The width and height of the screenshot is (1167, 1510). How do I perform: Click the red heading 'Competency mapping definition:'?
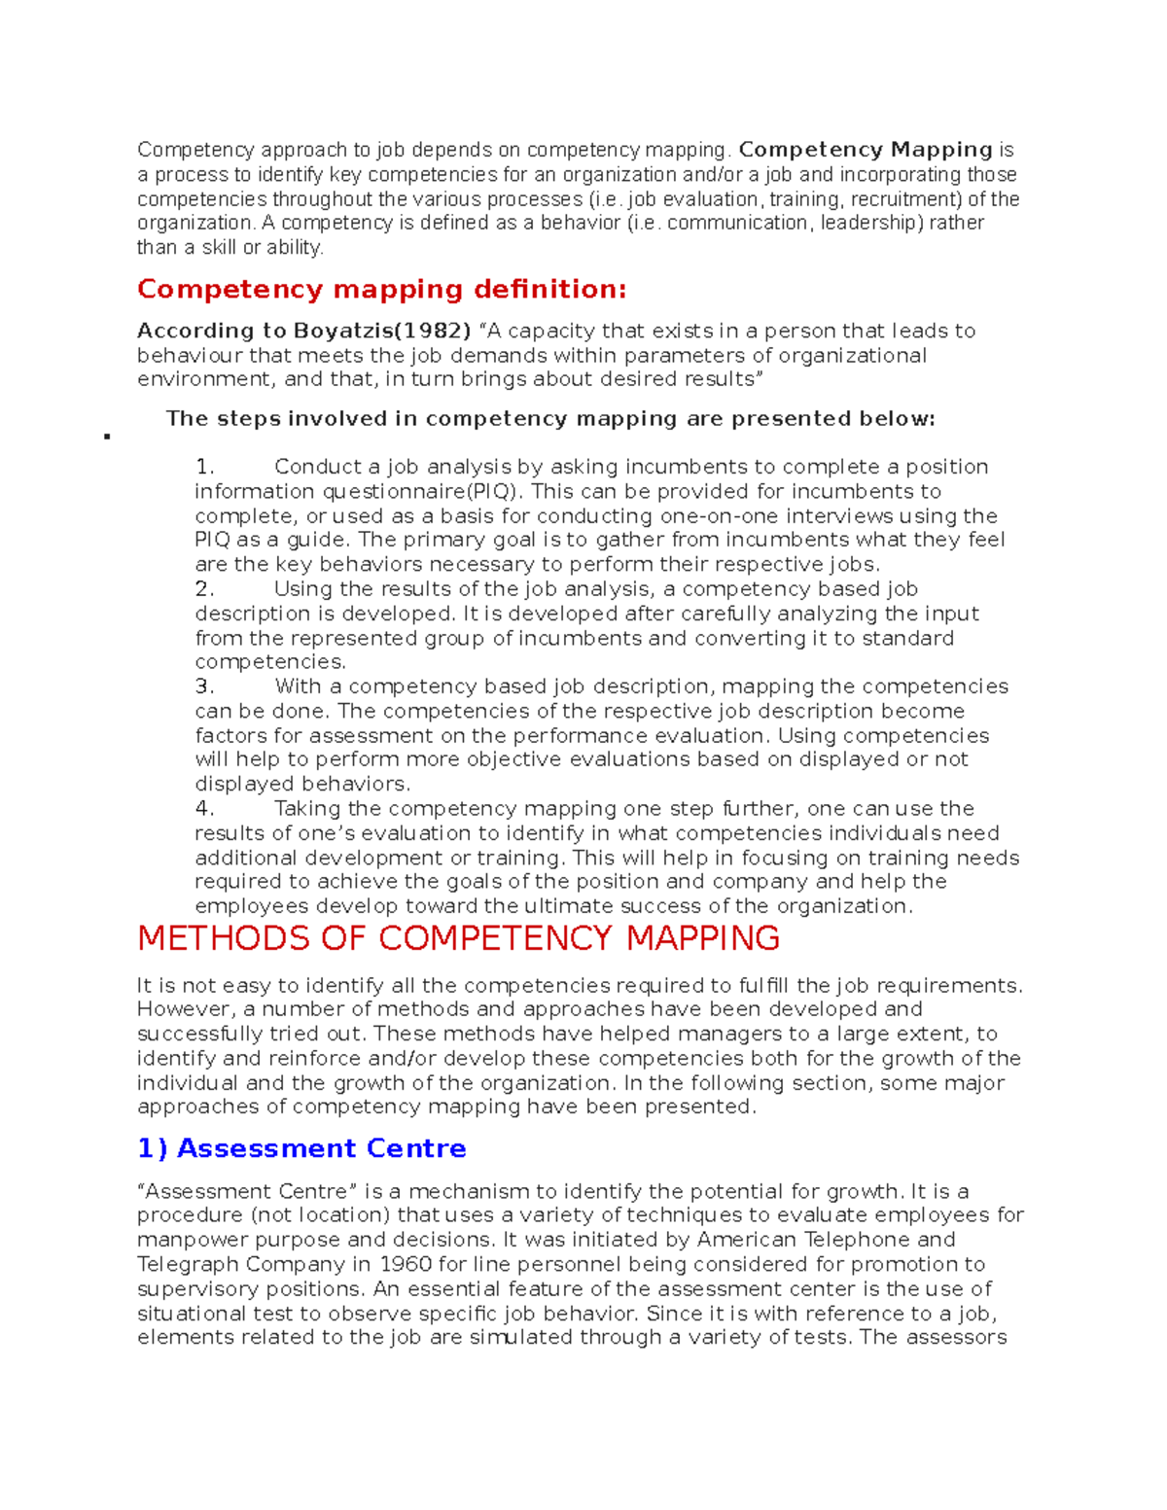(x=381, y=290)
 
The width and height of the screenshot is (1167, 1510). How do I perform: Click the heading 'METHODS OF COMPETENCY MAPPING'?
(x=458, y=939)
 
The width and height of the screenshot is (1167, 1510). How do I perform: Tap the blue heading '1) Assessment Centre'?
(x=301, y=1149)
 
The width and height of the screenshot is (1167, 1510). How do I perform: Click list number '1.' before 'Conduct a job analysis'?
(x=204, y=468)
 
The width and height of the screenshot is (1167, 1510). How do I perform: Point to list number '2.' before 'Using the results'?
(x=204, y=589)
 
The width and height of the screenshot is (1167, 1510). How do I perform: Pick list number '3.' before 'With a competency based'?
(x=204, y=687)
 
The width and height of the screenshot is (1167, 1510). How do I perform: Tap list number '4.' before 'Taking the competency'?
(x=204, y=809)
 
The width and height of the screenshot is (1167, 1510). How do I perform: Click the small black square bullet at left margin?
(x=106, y=438)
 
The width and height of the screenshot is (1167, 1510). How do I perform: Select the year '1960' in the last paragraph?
(x=405, y=1265)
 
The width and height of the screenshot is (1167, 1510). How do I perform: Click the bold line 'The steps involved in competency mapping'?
(x=549, y=419)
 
